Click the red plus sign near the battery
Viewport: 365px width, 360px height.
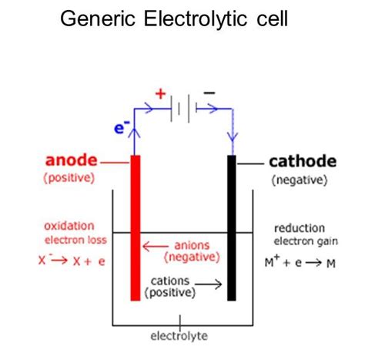pos(160,94)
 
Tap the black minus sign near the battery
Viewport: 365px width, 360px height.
pos(209,93)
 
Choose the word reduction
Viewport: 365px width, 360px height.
pos(300,229)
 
